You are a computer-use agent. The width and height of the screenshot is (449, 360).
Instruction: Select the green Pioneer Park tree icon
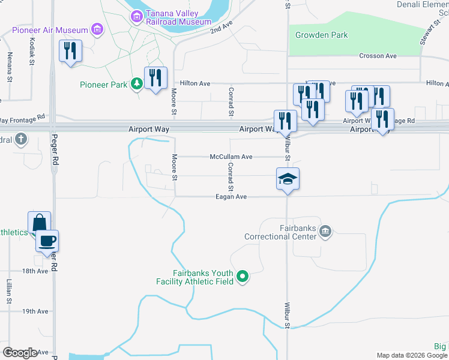pos(137,84)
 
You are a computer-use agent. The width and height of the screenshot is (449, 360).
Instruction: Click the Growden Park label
pos(321,35)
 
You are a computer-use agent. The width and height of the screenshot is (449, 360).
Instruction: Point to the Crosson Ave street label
pos(378,56)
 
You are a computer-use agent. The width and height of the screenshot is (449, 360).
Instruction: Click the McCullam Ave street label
pos(231,157)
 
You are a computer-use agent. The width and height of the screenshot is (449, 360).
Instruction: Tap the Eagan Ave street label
pos(232,197)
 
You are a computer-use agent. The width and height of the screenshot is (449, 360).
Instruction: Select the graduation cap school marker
pos(288,179)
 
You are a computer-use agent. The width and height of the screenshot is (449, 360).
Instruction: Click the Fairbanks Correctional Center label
pos(281,232)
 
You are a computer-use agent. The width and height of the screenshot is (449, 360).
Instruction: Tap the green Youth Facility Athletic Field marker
pos(243,277)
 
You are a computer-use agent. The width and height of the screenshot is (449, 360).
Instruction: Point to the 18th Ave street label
pos(35,271)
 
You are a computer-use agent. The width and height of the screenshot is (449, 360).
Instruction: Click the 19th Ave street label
pos(35,311)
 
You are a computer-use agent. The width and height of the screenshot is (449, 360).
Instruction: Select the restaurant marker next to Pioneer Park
pos(155,78)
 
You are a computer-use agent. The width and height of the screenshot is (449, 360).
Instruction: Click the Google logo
pos(20,353)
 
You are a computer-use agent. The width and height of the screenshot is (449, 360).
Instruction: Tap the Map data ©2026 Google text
pos(411,355)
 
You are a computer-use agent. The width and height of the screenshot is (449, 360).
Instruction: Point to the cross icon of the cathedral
pos(21,140)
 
